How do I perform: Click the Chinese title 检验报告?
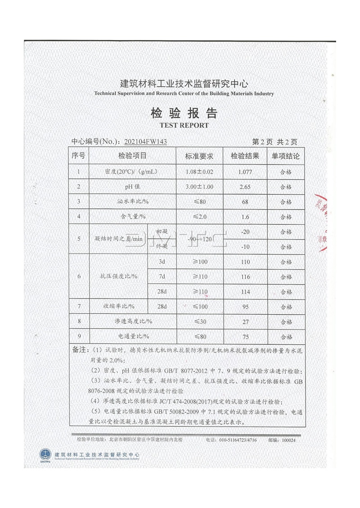[184, 113]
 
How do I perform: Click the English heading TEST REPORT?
[184, 125]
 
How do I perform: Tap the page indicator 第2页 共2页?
[275, 142]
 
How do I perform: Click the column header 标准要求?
[198, 156]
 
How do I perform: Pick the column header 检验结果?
[245, 156]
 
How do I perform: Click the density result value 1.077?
[245, 172]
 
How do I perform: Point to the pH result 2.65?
[245, 187]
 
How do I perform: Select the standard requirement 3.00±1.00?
[198, 187]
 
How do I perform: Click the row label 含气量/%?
[133, 217]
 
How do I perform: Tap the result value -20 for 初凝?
[245, 232]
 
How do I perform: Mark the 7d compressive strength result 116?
[245, 277]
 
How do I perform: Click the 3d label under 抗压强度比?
[162, 262]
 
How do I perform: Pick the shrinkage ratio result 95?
[245, 307]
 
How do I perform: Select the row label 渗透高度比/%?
[133, 321]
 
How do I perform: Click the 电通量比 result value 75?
[245, 336]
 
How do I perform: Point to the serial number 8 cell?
[79, 321]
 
